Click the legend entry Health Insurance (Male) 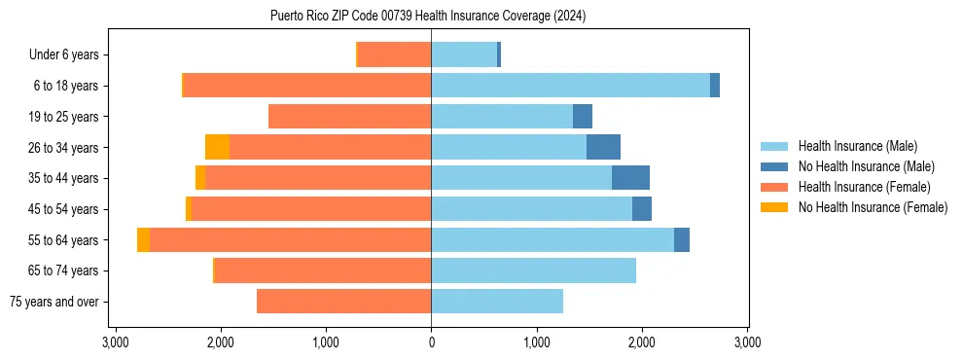(857, 146)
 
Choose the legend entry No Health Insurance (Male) (866, 166)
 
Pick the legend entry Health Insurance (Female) (864, 187)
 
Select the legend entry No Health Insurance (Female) (873, 207)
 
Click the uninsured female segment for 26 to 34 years (217, 148)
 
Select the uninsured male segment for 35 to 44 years (630, 178)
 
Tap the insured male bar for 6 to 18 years (570, 86)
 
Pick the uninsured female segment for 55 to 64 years (143, 240)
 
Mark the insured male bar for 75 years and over (497, 302)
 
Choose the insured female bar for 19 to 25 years (349, 117)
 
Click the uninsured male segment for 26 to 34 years (603, 148)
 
